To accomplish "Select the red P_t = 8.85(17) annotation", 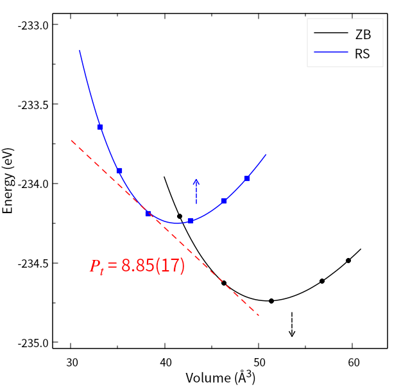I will (x=137, y=266).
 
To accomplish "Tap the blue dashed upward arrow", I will (x=196, y=191).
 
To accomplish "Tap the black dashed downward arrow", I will (x=292, y=324).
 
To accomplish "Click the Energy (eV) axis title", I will (x=8, y=181).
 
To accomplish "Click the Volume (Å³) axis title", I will (x=220, y=377).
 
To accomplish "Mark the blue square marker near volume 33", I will (x=100, y=127).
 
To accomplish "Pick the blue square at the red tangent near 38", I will (x=148, y=214).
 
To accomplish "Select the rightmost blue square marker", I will (x=247, y=178).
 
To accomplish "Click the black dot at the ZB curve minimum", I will (x=271, y=301).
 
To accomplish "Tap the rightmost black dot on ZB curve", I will (x=348, y=261).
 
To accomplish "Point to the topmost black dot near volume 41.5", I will (x=180, y=216).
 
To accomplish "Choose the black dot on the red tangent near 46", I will (x=224, y=283).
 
